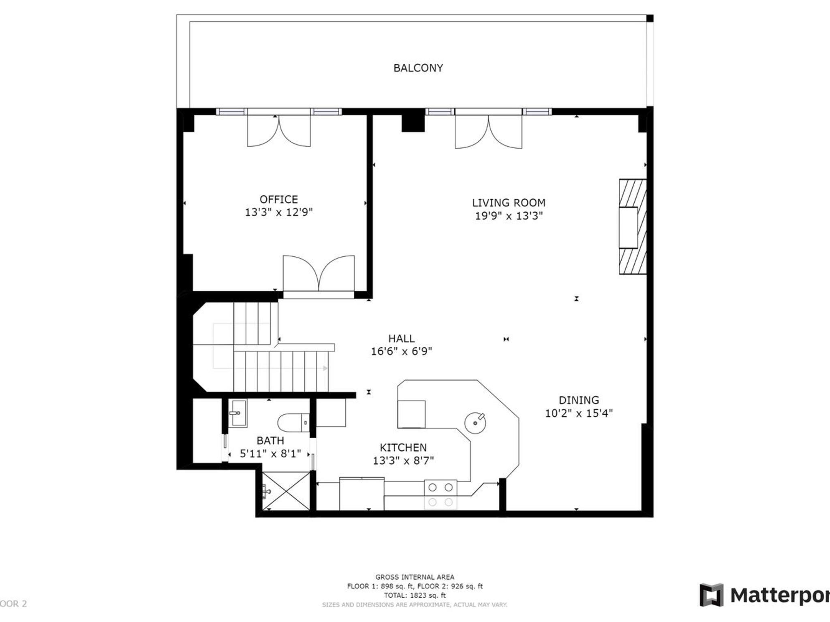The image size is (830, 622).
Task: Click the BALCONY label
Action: [x=418, y=68]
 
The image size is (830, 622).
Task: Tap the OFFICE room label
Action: [x=278, y=199]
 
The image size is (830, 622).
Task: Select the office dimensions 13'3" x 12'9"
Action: [x=278, y=212]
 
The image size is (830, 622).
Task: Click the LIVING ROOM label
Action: [x=508, y=202]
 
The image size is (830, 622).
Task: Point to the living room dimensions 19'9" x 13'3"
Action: [x=508, y=215]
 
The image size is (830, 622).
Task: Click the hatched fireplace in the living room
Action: [x=632, y=227]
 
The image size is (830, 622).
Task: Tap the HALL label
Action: [x=401, y=338]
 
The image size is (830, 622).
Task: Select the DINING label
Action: [x=578, y=400]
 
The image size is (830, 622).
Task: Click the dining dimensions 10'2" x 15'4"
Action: [x=578, y=413]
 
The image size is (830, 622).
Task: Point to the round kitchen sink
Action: [x=475, y=423]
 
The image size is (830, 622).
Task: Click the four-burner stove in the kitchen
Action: [x=441, y=494]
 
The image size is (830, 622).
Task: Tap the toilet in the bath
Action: [x=293, y=422]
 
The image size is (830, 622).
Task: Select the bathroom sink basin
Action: [x=238, y=413]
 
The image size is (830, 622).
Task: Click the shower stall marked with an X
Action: [x=286, y=491]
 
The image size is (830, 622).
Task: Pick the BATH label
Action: [x=270, y=440]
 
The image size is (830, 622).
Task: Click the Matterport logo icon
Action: [x=711, y=595]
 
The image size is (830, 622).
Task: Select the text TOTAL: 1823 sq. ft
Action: [x=415, y=595]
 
